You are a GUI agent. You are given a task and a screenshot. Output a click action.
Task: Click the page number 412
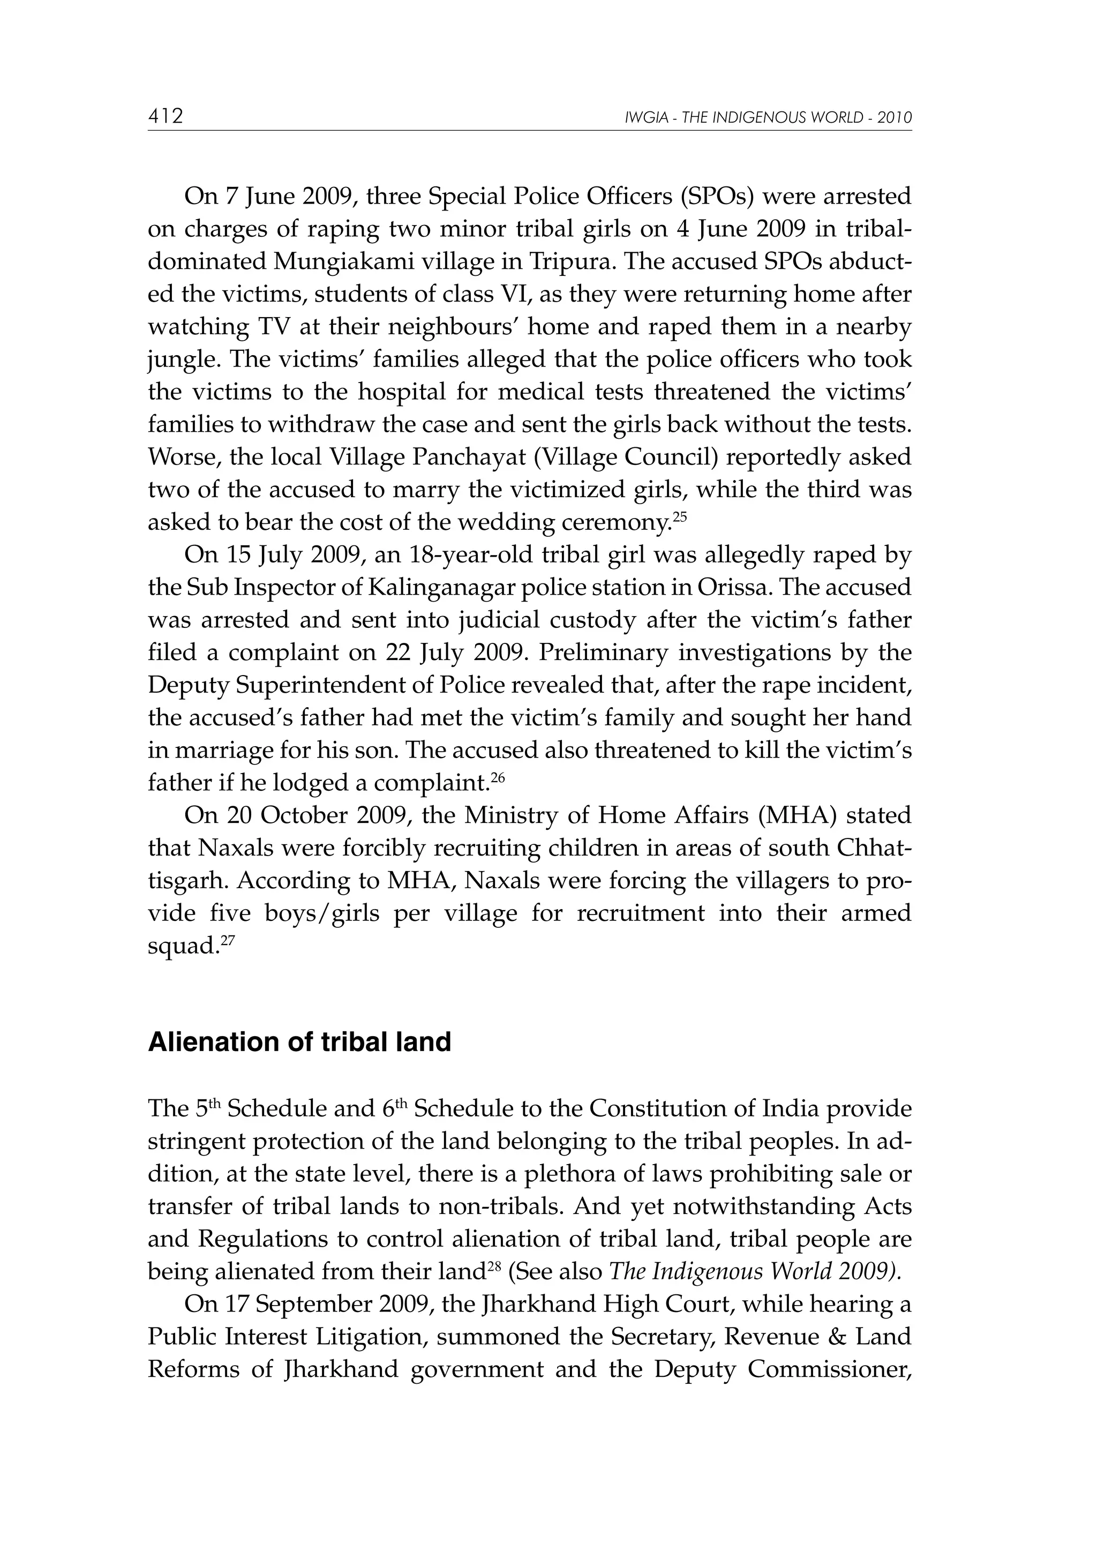coord(166,117)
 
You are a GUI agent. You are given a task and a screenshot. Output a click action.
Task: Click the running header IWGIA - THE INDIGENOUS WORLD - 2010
coord(769,118)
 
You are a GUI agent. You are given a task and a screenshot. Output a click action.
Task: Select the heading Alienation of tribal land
coord(299,1043)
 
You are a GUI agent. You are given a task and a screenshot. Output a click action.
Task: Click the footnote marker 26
coord(498,777)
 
